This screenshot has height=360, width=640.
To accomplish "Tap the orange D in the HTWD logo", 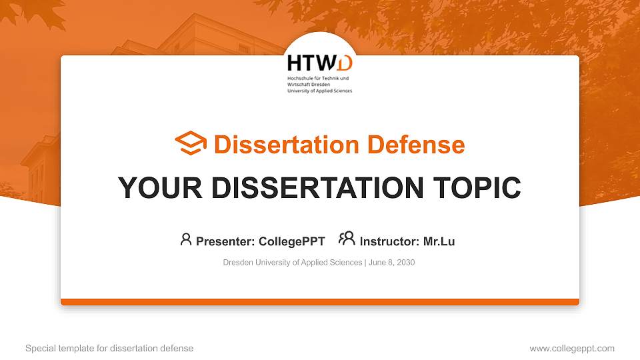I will pos(344,63).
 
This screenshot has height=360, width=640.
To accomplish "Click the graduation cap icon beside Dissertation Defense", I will pos(191,144).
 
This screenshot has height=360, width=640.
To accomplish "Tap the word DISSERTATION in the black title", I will pos(303,188).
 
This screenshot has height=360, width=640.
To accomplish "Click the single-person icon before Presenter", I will pos(186,239).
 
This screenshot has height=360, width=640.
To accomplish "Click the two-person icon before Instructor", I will pos(347,239).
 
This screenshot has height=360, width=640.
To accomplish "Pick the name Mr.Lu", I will pos(439,241).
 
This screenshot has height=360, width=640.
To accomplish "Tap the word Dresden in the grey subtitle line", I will pos(237,263).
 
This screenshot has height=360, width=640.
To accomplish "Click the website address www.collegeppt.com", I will pos(571,348).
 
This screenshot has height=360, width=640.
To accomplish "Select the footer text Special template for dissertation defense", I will pos(109,348).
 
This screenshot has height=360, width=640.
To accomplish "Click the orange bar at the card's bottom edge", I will pos(320,302).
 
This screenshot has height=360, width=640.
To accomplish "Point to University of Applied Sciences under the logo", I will pos(319,90).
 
